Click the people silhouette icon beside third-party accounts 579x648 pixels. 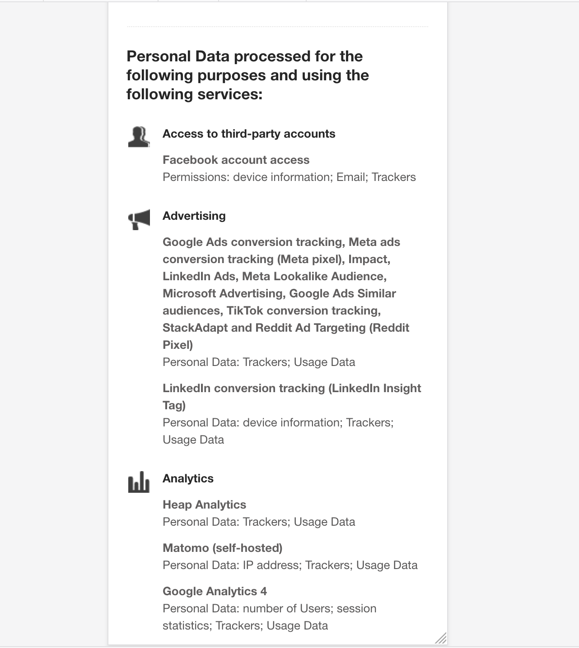click(x=139, y=137)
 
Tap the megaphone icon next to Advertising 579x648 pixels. click(x=139, y=219)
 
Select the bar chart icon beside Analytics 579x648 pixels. click(x=139, y=482)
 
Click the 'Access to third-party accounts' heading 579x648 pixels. click(x=249, y=134)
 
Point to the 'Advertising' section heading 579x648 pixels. click(x=194, y=216)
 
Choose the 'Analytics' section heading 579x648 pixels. click(x=188, y=479)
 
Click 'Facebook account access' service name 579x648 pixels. click(x=236, y=160)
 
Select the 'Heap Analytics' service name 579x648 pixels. click(x=204, y=505)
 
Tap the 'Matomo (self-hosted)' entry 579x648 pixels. click(x=222, y=548)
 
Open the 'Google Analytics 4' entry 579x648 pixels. click(x=215, y=592)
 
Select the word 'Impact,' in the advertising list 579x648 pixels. click(x=369, y=259)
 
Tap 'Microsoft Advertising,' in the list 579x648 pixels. click(x=224, y=294)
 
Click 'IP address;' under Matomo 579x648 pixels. click(x=271, y=565)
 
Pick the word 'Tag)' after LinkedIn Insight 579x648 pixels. click(x=174, y=406)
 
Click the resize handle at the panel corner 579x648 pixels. click(x=441, y=638)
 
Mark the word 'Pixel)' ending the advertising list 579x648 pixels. click(x=178, y=345)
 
